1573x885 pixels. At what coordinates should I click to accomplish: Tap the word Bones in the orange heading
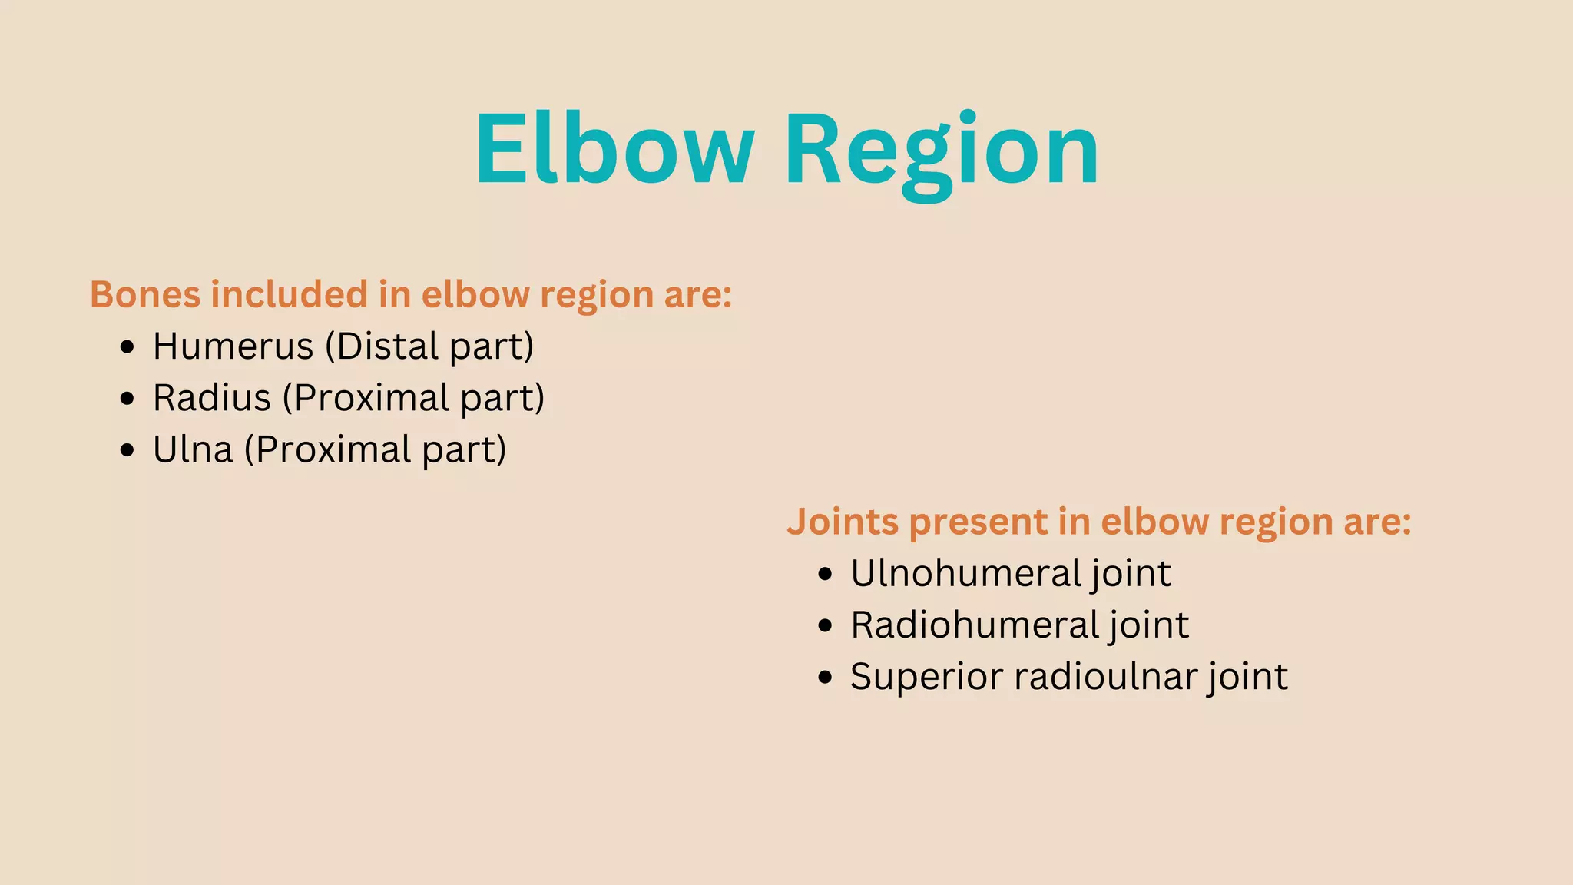(144, 294)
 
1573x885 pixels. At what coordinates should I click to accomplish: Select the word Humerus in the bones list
(233, 346)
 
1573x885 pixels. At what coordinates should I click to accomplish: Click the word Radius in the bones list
(212, 398)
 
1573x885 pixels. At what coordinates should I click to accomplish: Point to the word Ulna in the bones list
(193, 449)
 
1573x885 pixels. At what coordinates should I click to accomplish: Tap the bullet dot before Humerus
(127, 347)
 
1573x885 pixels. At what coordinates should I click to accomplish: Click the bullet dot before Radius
(127, 399)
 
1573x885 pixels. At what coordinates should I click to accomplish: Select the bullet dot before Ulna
(127, 450)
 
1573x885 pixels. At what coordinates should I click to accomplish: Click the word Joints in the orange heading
(842, 522)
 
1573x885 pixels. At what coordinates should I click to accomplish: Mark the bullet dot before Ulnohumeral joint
(825, 575)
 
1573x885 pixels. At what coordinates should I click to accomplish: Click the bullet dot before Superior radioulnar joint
(825, 678)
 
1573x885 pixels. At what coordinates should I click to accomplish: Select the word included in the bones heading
(290, 294)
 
